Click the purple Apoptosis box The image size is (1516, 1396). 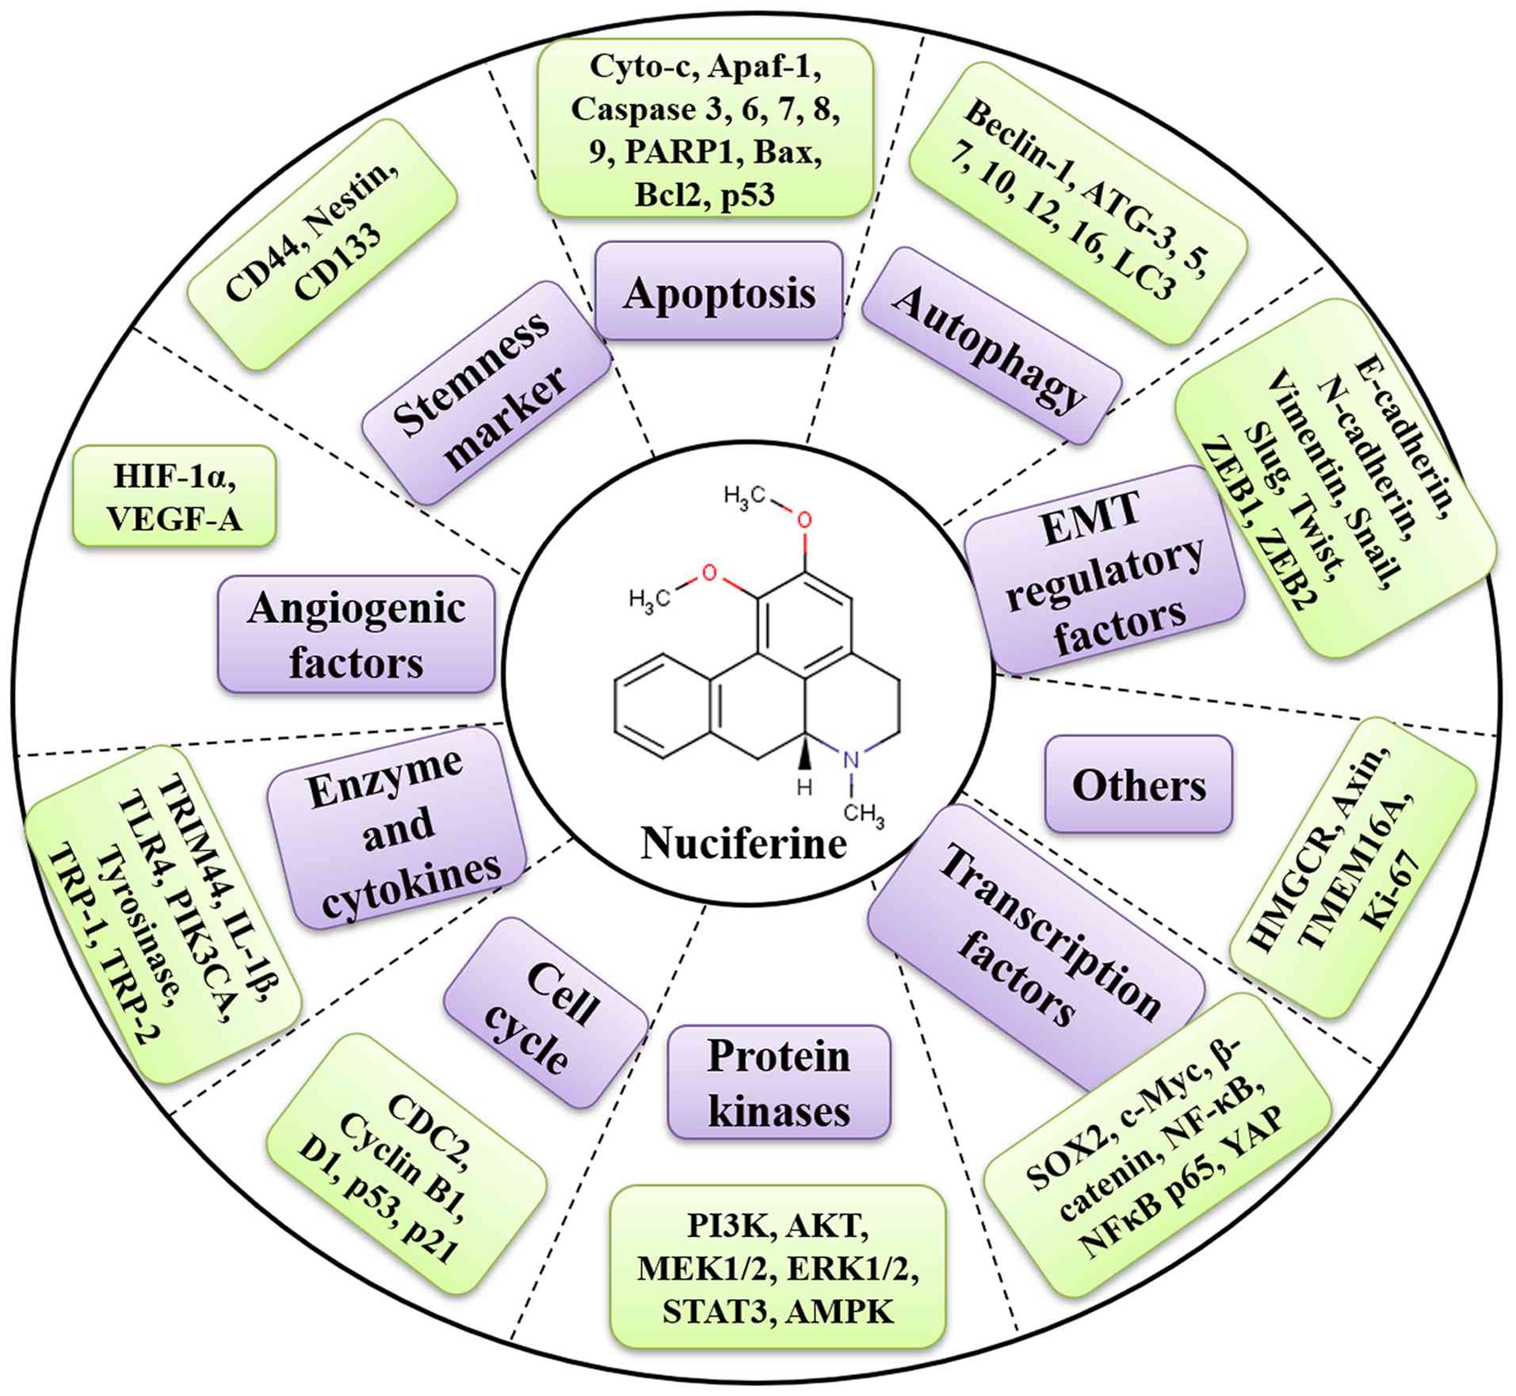(718, 292)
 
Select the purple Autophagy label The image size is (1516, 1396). (990, 345)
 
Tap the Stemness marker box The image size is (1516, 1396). (485, 392)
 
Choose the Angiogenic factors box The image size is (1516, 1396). (356, 635)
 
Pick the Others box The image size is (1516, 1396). (1139, 785)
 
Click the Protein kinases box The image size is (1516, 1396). (779, 1082)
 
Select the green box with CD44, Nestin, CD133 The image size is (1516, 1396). (322, 244)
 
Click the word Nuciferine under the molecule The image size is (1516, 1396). (743, 843)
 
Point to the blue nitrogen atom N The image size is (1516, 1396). (850, 760)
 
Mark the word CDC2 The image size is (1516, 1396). (427, 1123)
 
